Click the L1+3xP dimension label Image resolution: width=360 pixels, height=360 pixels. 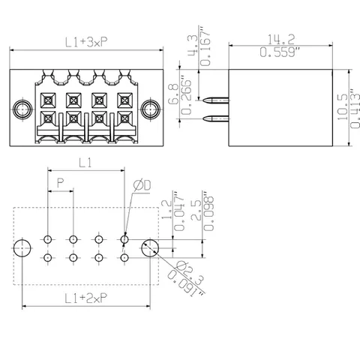pos(86,42)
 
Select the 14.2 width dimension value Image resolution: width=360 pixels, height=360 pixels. pos(281,39)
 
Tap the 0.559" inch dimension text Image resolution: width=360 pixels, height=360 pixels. pos(280,52)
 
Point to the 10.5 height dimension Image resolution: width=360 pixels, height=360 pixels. pos(343,107)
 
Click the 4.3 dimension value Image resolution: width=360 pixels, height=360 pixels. pos(193,43)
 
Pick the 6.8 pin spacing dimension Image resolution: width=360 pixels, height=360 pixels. pos(173,94)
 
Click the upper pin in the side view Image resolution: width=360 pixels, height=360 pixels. pos(216,100)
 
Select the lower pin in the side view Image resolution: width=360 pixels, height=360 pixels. pos(216,118)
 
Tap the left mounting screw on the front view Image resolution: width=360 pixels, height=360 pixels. pos(22,109)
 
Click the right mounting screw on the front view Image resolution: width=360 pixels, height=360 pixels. pos(150,109)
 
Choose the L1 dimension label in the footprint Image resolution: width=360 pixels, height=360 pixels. pos(85,163)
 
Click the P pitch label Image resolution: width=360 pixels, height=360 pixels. pos(61,183)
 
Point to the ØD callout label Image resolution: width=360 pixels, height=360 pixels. pos(142,185)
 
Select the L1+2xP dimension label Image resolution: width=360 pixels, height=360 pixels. pos(86,298)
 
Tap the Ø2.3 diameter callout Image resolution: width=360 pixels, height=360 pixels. pos(190,273)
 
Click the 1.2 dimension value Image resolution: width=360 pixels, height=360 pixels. pos(166,209)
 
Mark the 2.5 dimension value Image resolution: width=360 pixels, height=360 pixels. pos(196,211)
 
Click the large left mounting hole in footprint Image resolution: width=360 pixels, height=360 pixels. pos(22,248)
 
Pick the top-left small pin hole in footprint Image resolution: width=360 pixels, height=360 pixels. pos(47,239)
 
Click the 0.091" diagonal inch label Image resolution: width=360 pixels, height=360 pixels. pos(184,284)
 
